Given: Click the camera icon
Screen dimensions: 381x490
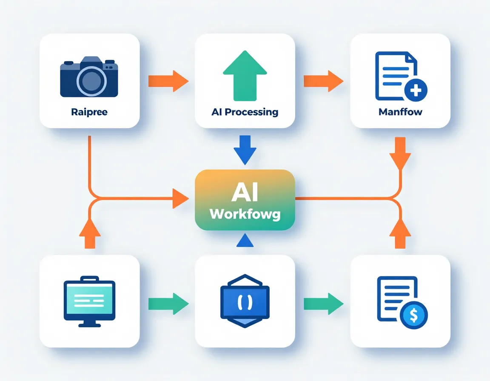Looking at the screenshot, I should (89, 77).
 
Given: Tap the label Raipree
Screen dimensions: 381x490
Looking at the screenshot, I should (89, 112).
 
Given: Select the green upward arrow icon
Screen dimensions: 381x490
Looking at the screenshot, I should (245, 75).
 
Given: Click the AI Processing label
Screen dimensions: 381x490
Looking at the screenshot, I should (245, 112).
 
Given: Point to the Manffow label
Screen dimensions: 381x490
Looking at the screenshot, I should (400, 112).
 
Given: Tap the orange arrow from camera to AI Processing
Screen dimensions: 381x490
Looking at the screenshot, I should (168, 80).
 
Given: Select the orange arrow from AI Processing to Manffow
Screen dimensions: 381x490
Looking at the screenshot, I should (323, 80).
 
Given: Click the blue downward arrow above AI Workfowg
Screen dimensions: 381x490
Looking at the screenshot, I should (245, 150).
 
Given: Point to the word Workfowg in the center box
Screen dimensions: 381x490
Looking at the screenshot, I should (245, 214).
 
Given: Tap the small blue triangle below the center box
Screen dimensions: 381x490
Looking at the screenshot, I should (245, 241).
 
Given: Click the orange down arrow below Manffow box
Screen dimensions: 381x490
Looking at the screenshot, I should (400, 152).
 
